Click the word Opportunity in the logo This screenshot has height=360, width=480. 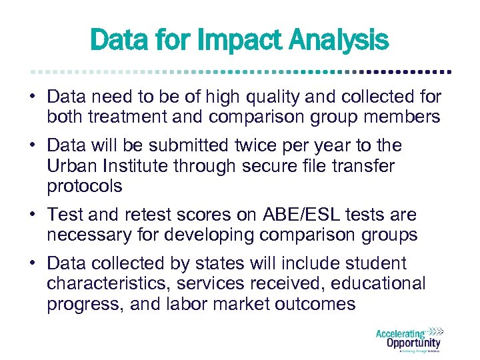click(413, 343)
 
